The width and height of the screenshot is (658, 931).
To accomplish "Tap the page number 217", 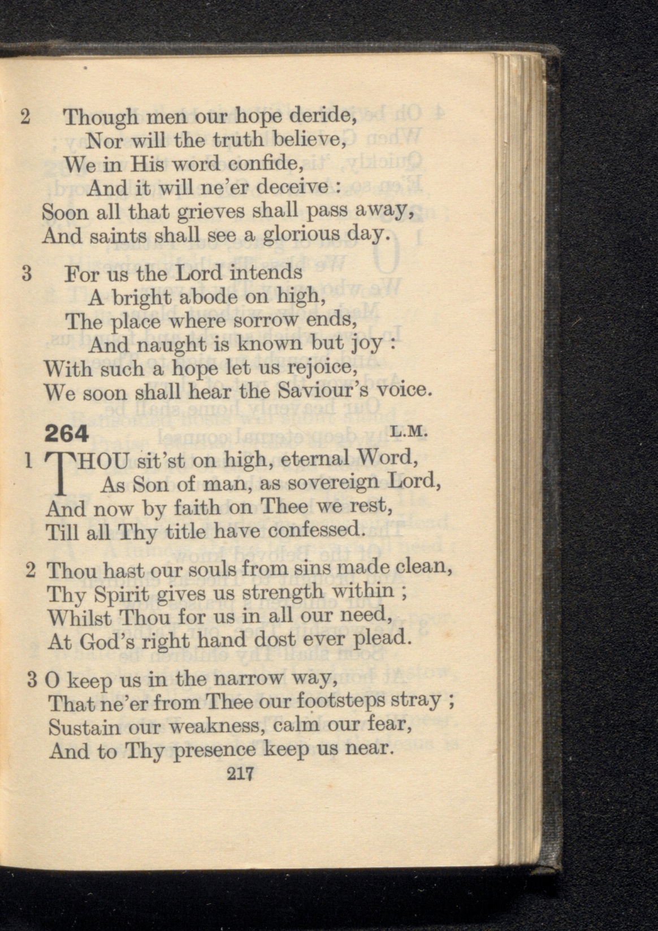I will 241,773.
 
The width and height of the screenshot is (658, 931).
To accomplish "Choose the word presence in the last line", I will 215,751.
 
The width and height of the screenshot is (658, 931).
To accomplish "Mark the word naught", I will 161,345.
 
